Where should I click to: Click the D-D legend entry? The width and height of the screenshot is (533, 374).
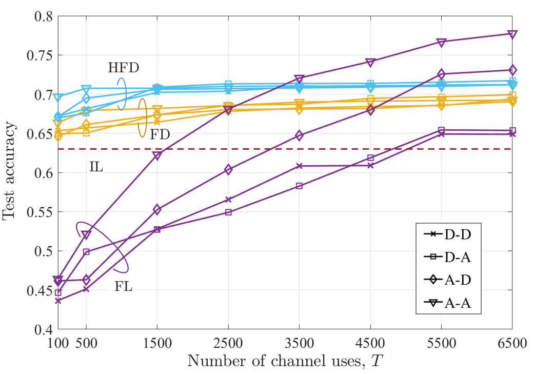(448, 234)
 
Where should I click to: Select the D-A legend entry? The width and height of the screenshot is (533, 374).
(448, 257)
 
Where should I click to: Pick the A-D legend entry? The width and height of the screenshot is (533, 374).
(448, 280)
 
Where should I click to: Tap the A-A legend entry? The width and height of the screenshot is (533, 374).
(448, 303)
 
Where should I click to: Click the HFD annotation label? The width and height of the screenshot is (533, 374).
(124, 68)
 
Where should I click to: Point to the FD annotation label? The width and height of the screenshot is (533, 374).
(160, 134)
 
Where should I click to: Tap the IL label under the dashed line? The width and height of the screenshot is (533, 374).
(96, 167)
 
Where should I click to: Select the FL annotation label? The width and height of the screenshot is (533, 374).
(123, 286)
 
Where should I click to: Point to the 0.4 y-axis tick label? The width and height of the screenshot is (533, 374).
(44, 329)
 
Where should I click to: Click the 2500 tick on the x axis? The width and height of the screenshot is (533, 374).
(228, 343)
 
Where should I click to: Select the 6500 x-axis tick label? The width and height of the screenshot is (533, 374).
(512, 343)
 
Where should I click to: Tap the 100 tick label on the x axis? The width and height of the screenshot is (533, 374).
(58, 343)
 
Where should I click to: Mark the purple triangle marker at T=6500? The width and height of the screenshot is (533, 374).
(512, 34)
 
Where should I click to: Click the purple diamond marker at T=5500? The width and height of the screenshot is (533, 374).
(441, 74)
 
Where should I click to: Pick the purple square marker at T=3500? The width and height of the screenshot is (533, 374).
(299, 186)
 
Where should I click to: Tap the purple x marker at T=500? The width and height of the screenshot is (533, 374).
(86, 289)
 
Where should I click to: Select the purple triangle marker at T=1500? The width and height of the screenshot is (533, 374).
(157, 155)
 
